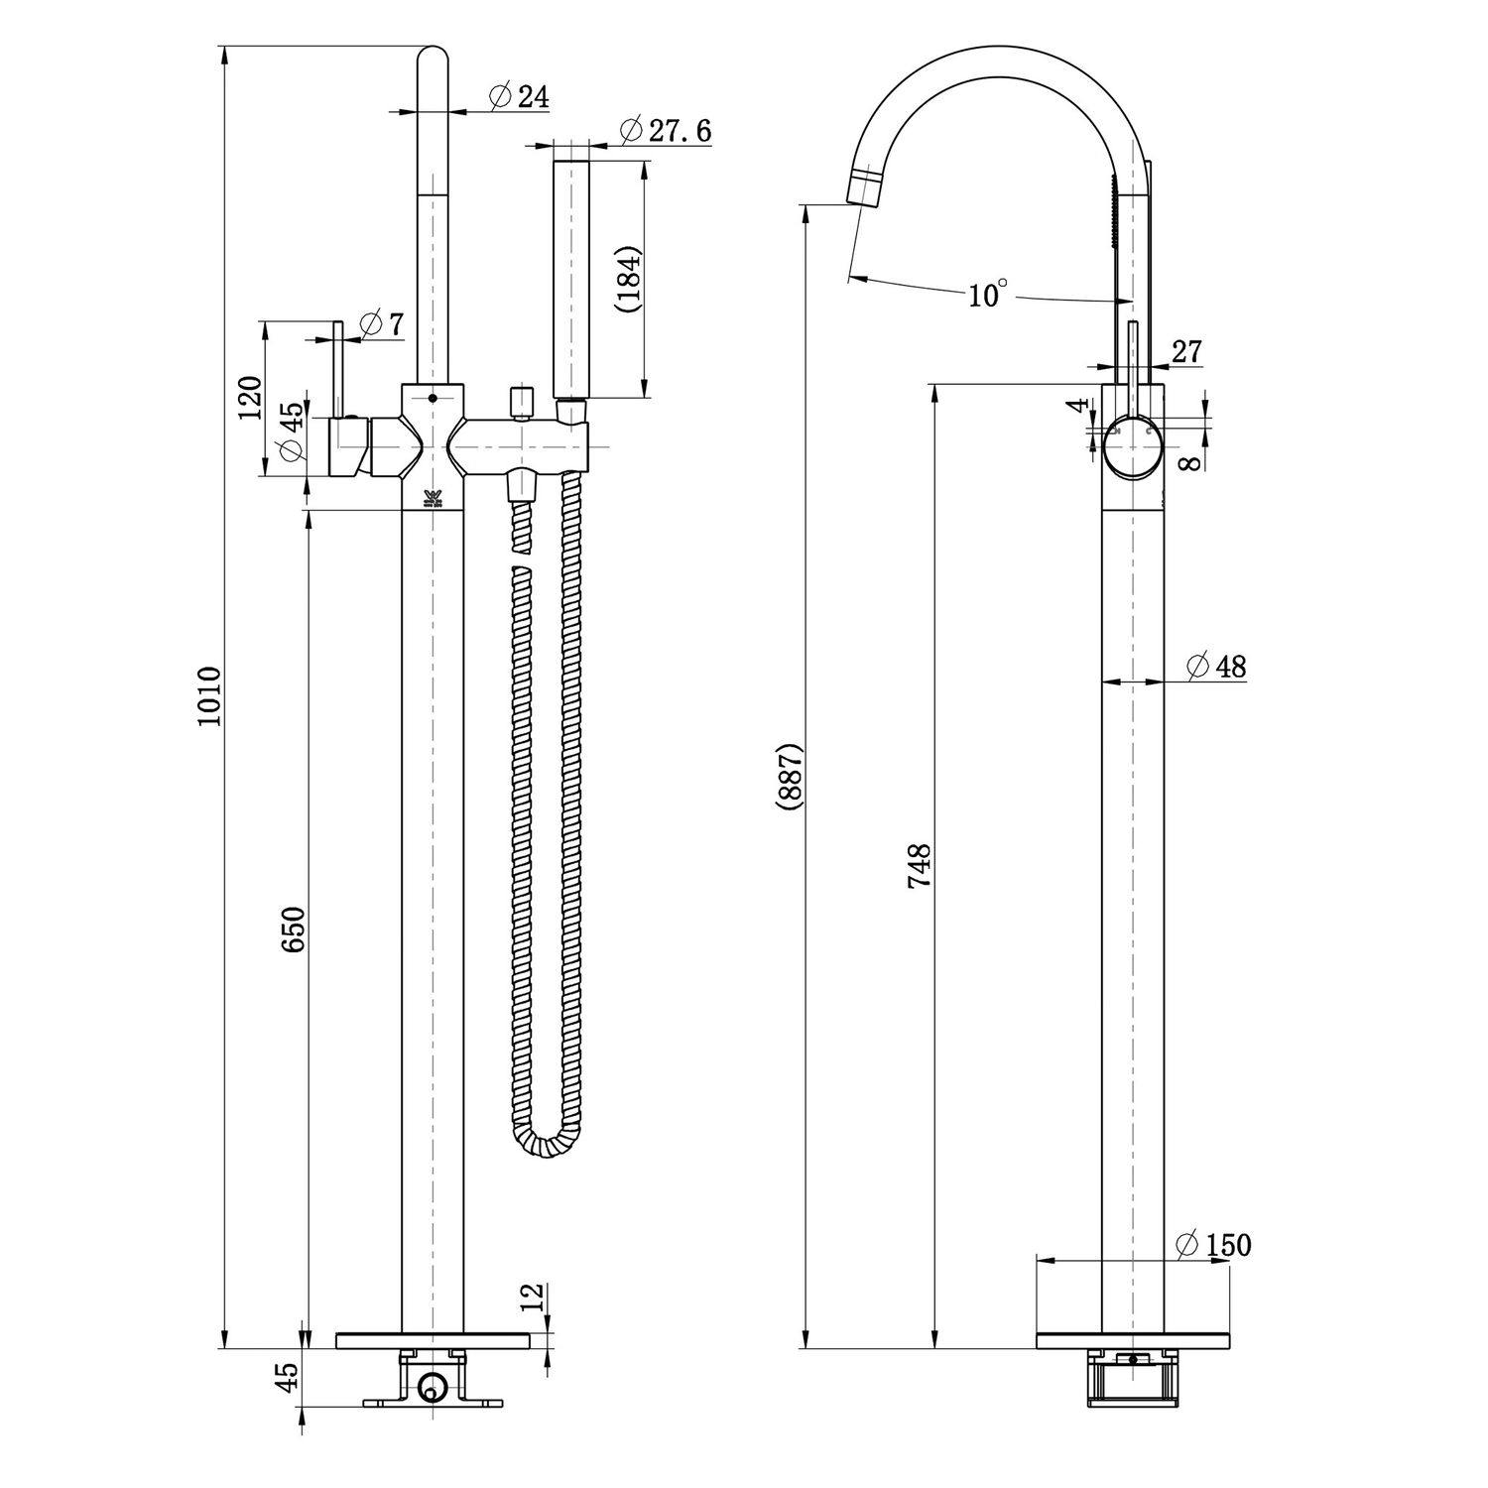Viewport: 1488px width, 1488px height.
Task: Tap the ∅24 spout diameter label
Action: tap(520, 96)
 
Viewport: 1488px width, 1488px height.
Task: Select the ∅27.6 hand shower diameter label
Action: tap(665, 130)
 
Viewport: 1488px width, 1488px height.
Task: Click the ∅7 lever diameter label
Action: tap(382, 323)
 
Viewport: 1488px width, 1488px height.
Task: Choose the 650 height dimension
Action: tap(294, 930)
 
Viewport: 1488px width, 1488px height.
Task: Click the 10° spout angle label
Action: tap(987, 294)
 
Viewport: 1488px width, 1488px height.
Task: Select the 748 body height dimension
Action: tap(920, 865)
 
